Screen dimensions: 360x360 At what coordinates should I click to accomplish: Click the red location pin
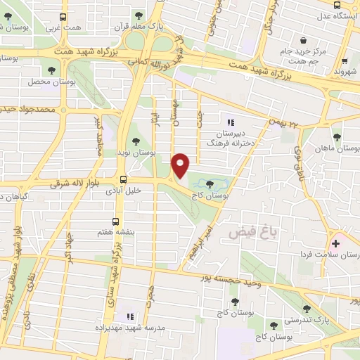pos(181,165)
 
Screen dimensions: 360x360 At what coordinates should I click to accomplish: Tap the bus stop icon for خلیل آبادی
pos(123,179)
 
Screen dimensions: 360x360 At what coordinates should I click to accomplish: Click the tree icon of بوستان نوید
pos(136,142)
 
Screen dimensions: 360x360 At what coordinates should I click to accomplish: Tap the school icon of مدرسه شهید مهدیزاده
pos(129,317)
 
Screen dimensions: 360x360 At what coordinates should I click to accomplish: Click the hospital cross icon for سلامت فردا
pos(335,244)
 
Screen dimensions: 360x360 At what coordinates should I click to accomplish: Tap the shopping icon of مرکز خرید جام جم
pos(303,41)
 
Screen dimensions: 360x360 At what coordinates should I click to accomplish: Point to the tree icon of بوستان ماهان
pos(336,138)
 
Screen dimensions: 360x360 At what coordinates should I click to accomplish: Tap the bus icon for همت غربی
pos(63,17)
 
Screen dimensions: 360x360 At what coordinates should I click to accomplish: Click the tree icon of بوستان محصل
pos(51,70)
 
